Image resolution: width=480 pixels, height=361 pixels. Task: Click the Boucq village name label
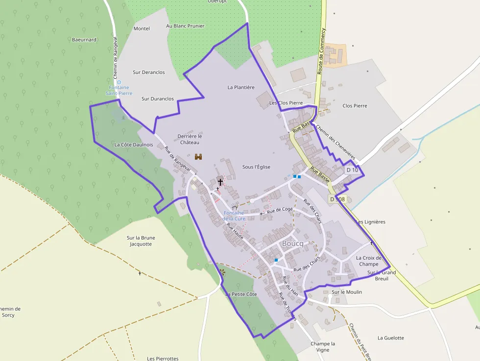293,243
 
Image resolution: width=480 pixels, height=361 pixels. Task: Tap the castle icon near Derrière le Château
199,157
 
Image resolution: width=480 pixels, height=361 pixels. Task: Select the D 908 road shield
337,199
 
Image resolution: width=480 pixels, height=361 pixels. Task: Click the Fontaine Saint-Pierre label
119,90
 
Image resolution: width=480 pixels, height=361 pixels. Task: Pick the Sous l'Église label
256,167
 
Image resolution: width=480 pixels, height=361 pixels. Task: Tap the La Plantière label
241,88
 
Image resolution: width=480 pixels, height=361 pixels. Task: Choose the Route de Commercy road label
321,50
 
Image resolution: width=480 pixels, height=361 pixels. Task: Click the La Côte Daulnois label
134,145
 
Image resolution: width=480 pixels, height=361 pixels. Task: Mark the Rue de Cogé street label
280,210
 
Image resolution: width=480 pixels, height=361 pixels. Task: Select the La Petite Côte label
241,294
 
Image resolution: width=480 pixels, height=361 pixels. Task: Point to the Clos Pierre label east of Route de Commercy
355,106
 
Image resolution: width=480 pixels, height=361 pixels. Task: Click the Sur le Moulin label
347,292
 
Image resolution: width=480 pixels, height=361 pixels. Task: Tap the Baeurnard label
84,40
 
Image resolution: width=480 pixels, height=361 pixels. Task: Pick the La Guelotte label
391,338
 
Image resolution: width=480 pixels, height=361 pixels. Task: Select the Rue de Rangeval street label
177,159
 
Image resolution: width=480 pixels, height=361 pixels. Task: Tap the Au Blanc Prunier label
185,26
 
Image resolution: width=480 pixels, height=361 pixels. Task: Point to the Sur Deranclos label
149,72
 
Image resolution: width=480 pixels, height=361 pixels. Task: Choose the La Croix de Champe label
368,261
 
